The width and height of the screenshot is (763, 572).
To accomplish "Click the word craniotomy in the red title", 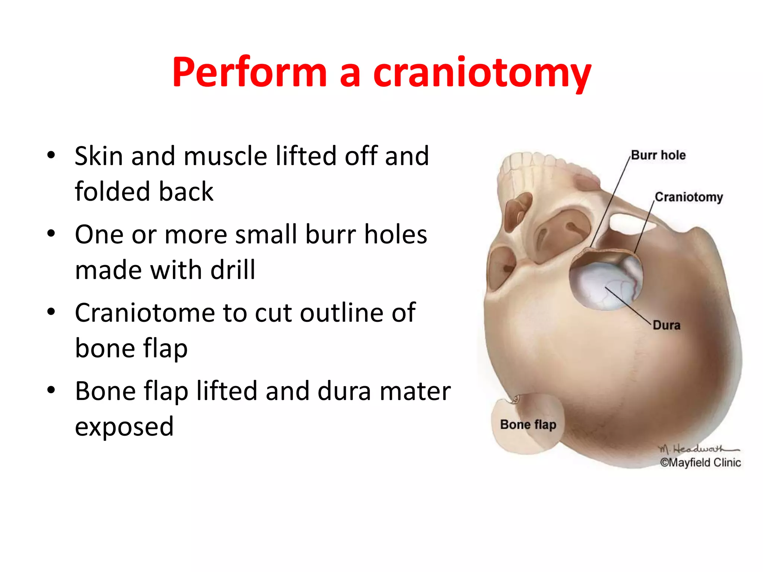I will [482, 73].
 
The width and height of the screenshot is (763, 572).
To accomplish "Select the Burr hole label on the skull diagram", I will [658, 155].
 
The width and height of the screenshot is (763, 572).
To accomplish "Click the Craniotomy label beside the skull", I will [688, 197].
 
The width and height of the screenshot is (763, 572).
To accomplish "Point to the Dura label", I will [667, 325].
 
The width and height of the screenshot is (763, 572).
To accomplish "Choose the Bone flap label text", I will [528, 425].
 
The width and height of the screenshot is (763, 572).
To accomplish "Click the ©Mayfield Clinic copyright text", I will [700, 463].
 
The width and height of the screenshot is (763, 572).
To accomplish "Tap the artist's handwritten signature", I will [697, 449].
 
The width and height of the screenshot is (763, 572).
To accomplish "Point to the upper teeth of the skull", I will [529, 162].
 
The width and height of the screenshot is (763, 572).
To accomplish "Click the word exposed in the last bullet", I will [124, 426].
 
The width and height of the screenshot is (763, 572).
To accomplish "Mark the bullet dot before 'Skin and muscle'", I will [51, 155].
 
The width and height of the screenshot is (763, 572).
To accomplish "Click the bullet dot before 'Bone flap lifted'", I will [51, 390].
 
